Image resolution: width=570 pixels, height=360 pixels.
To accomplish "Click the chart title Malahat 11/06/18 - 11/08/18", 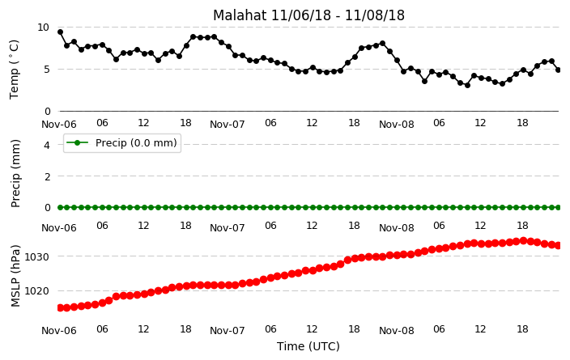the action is [308, 15].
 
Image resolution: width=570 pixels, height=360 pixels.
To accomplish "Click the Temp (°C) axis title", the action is [14, 70].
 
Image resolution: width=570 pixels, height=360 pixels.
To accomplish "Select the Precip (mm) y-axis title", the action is [15, 173].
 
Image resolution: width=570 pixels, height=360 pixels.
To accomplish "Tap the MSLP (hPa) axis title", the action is [15, 276].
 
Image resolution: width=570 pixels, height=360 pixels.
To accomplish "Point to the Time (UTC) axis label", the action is [308, 346].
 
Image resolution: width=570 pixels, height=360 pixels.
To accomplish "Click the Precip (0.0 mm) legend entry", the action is [122, 143].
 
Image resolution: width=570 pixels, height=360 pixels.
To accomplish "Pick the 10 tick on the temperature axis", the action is [43, 28].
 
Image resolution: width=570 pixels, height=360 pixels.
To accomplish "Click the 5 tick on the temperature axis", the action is [46, 70].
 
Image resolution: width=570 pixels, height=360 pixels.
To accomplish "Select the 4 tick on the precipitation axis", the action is [47, 146].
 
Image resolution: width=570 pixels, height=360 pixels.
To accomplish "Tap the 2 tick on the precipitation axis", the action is [47, 176].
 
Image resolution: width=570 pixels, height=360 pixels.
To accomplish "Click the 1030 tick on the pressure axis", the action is [36, 257].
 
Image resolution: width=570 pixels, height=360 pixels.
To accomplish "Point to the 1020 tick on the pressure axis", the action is [36, 291].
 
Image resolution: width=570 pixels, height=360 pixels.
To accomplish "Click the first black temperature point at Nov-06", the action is [61, 32].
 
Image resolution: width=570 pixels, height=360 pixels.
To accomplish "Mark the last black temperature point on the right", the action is [558, 70].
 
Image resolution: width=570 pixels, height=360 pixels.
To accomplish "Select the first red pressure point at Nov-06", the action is [61, 308].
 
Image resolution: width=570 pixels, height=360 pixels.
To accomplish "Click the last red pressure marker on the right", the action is [558, 246].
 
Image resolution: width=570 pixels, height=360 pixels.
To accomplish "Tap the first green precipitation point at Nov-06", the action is [61, 207].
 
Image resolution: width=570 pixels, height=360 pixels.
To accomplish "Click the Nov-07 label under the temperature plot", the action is [228, 125].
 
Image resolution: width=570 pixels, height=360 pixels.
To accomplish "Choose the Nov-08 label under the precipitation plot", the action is [397, 228].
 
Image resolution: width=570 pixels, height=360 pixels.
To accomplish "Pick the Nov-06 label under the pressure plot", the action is [59, 331].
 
